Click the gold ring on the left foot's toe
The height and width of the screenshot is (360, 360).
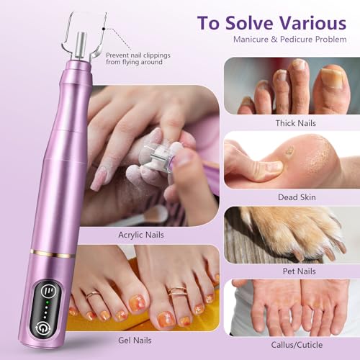[x=93, y=294]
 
